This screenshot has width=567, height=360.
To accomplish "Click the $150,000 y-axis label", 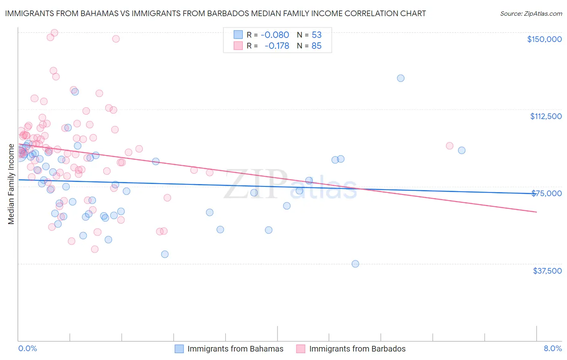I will click(x=544, y=39).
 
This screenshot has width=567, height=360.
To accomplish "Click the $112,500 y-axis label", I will click(x=546, y=116).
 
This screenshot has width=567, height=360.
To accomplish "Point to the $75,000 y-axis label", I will click(x=546, y=193).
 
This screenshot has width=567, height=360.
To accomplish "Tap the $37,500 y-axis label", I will click(x=547, y=271).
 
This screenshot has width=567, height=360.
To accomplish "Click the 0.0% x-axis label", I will click(x=27, y=349).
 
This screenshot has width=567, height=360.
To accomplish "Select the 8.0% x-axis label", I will click(x=552, y=349).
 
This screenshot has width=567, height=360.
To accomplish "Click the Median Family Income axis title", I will click(x=11, y=184).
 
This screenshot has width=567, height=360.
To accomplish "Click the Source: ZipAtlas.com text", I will click(x=531, y=14).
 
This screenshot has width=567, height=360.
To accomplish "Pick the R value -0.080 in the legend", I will click(x=275, y=35).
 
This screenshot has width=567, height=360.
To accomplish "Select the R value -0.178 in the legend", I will click(x=277, y=46).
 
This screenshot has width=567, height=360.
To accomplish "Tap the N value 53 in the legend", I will click(x=317, y=35).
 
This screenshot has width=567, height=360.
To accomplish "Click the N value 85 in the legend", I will click(x=317, y=46).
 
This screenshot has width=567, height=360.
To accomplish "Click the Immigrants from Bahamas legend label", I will click(x=235, y=349).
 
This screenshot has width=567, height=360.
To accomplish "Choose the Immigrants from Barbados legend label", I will click(x=357, y=349).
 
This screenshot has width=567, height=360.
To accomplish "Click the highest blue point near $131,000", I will click(x=400, y=78).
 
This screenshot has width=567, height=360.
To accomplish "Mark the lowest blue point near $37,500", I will click(x=355, y=264).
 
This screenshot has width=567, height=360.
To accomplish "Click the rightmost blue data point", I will click(x=462, y=151).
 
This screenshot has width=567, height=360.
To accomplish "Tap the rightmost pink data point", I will click(x=450, y=146).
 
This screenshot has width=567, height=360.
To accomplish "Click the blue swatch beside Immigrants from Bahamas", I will click(x=179, y=349).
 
